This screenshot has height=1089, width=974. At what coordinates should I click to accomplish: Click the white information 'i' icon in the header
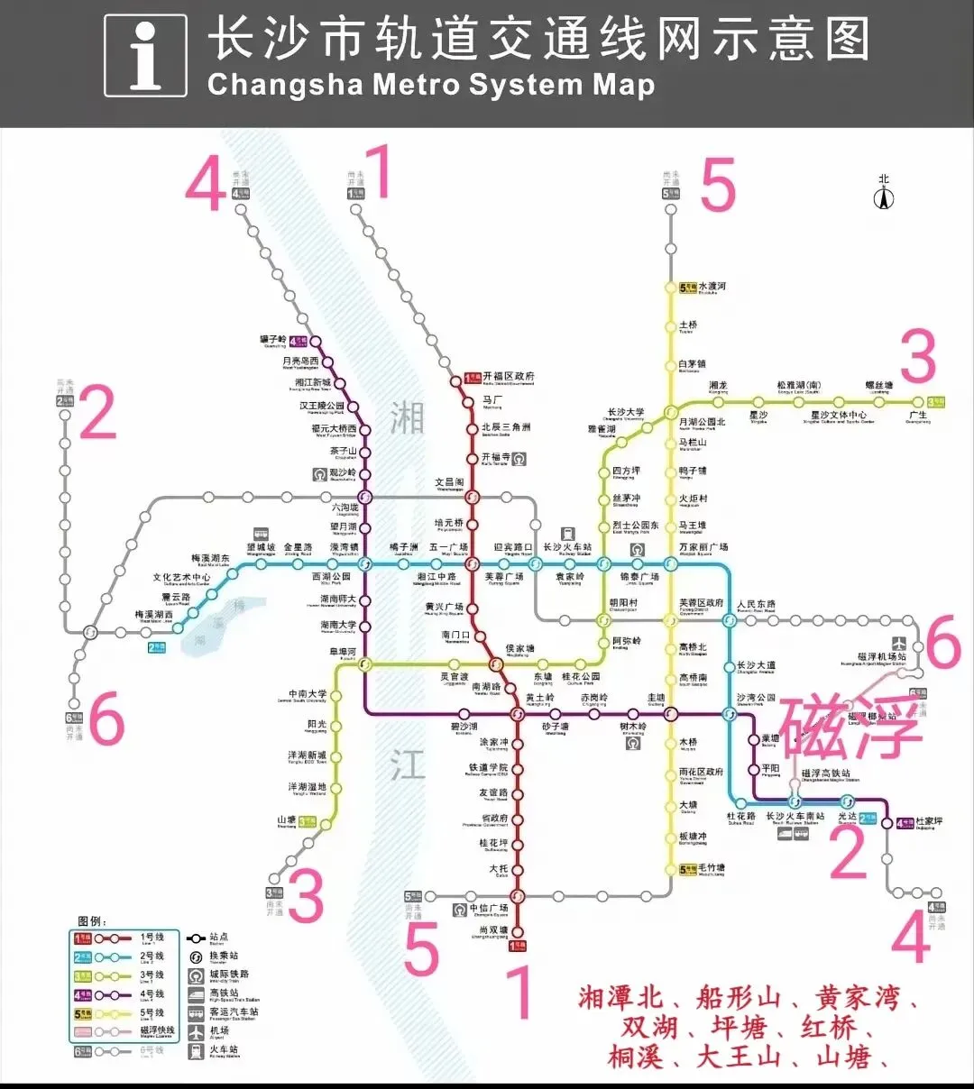[x=145, y=55]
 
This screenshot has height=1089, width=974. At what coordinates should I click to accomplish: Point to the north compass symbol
[x=884, y=194]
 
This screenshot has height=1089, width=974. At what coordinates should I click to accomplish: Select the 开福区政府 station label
[x=508, y=376]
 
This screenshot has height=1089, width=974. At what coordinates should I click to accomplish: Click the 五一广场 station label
[x=448, y=547]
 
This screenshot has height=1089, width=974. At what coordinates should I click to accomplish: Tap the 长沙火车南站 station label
[x=795, y=817]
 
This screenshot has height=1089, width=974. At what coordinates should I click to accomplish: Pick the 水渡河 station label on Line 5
[x=712, y=287]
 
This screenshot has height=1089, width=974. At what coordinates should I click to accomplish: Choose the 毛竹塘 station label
[x=712, y=868]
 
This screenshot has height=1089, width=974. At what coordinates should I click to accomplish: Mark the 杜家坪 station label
[x=929, y=822]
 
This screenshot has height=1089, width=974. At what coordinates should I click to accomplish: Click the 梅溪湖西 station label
[x=154, y=615]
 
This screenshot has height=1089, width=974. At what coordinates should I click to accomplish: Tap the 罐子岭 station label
[x=273, y=340]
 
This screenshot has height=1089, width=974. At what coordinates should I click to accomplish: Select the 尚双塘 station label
[x=493, y=930]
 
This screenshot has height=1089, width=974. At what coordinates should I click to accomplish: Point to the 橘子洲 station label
[x=403, y=547]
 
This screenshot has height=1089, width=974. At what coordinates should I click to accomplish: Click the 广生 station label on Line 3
[x=917, y=415]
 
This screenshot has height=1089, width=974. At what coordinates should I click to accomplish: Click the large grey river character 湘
[x=407, y=417]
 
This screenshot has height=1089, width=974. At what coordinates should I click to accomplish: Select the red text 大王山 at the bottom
[x=739, y=1055]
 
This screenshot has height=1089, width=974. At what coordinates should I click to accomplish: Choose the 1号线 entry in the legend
[x=152, y=938]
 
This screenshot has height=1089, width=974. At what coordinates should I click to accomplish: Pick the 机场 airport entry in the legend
[x=219, y=1030]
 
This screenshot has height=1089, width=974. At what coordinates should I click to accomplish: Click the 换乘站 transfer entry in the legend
[x=224, y=956]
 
